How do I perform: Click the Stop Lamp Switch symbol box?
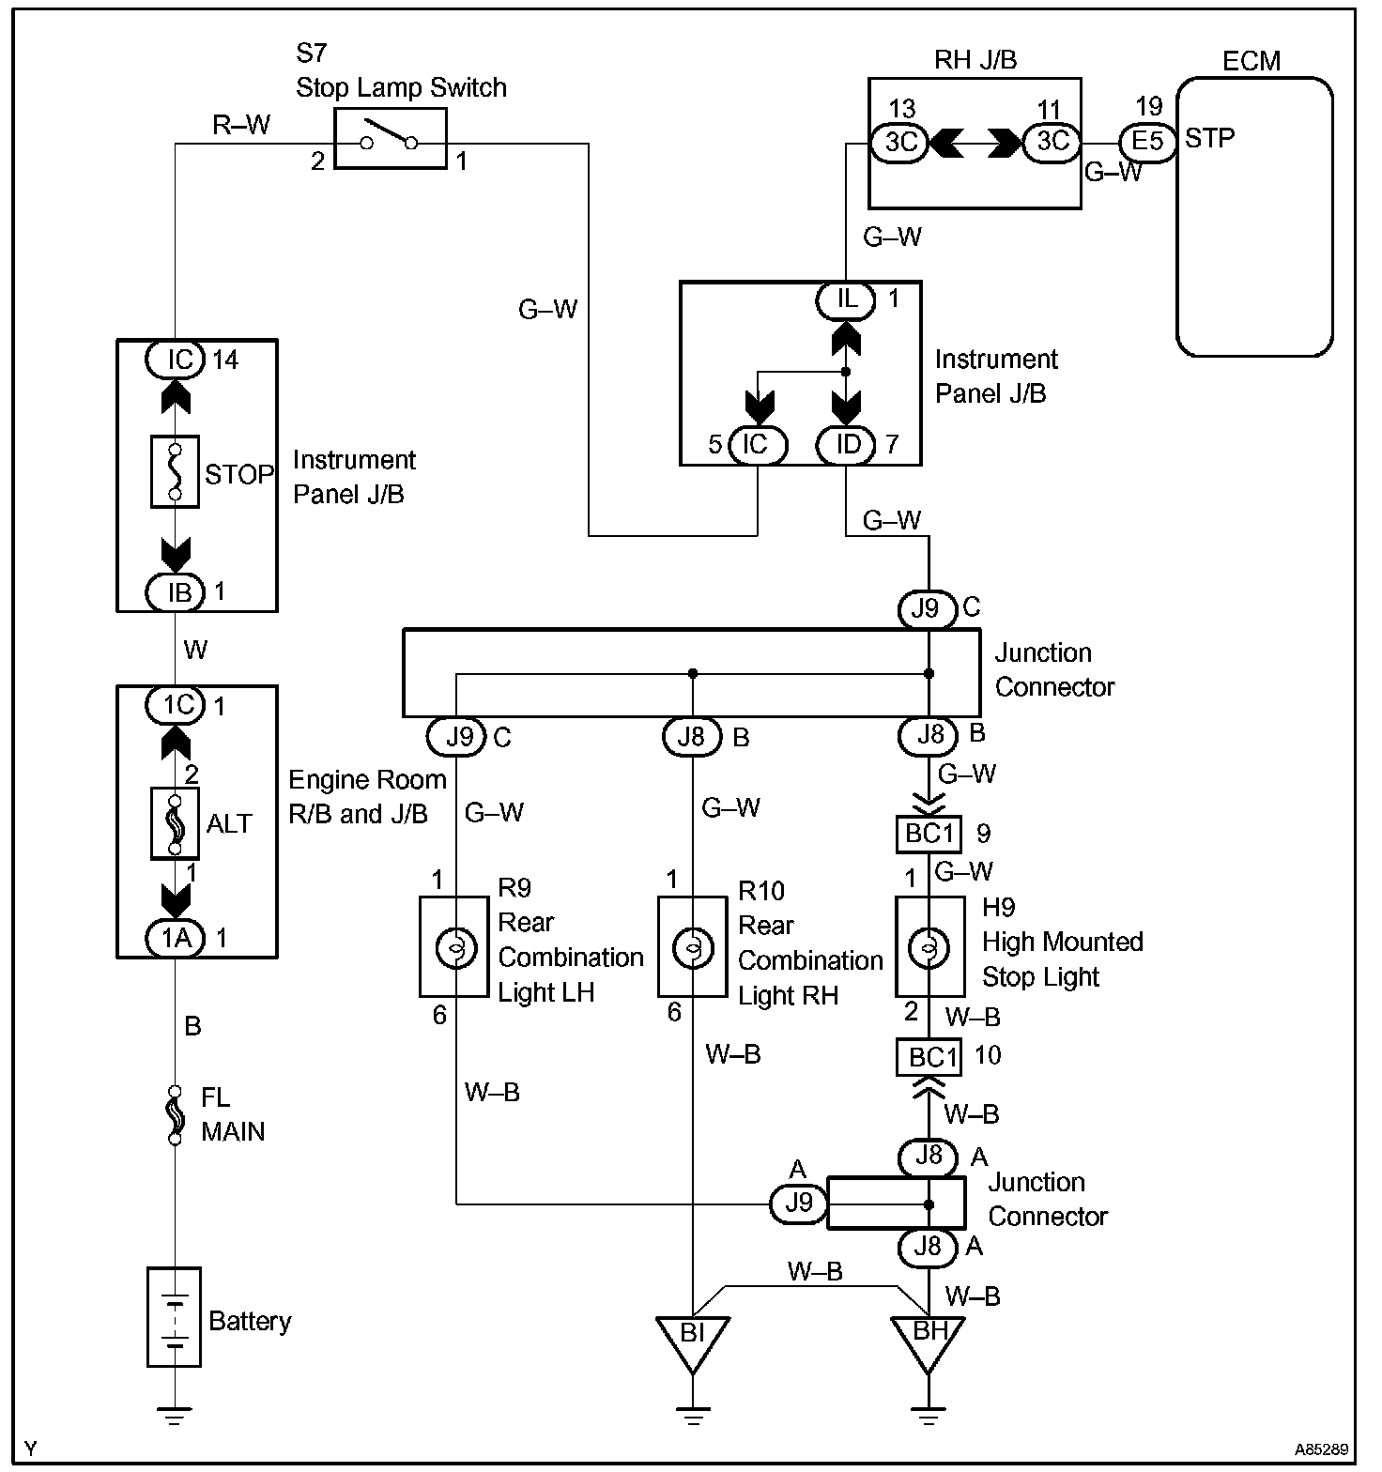pos(390,140)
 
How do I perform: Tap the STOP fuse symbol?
pos(175,471)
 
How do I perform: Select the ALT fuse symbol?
pos(175,823)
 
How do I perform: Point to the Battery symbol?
pos(175,1316)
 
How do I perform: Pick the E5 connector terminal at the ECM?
pos(1147,141)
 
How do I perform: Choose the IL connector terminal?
pos(846,299)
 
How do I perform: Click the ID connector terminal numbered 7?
pos(847,444)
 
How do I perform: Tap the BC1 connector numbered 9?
pos(929,834)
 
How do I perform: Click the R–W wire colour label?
pos(241,125)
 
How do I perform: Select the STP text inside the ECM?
pos(1209,138)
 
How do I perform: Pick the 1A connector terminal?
pos(176,937)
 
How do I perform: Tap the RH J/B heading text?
pos(975,60)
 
